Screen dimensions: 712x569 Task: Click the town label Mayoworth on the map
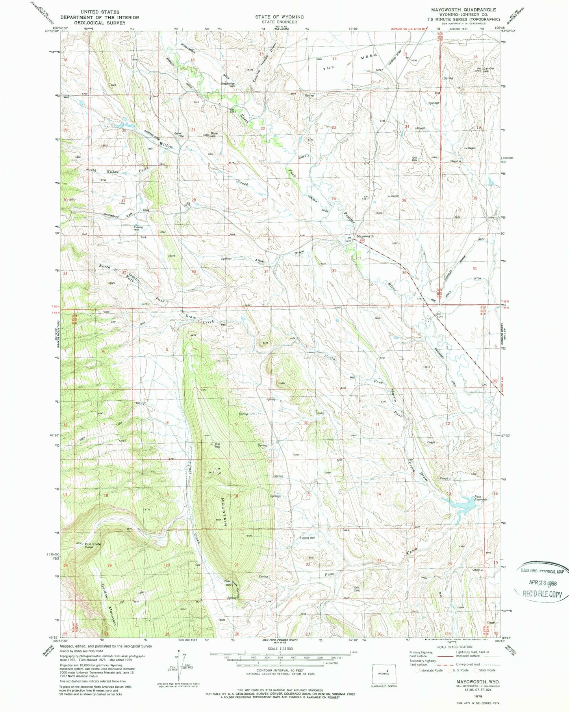coord(365,236)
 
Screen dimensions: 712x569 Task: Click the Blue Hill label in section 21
coord(214,134)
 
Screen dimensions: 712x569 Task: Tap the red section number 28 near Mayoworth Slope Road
coord(193,200)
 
